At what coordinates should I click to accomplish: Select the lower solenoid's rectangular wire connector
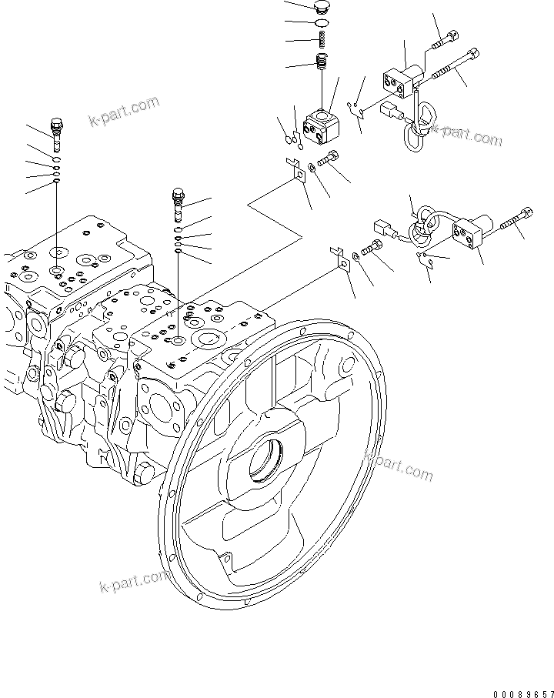383,229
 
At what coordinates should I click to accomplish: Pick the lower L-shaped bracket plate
338,258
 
